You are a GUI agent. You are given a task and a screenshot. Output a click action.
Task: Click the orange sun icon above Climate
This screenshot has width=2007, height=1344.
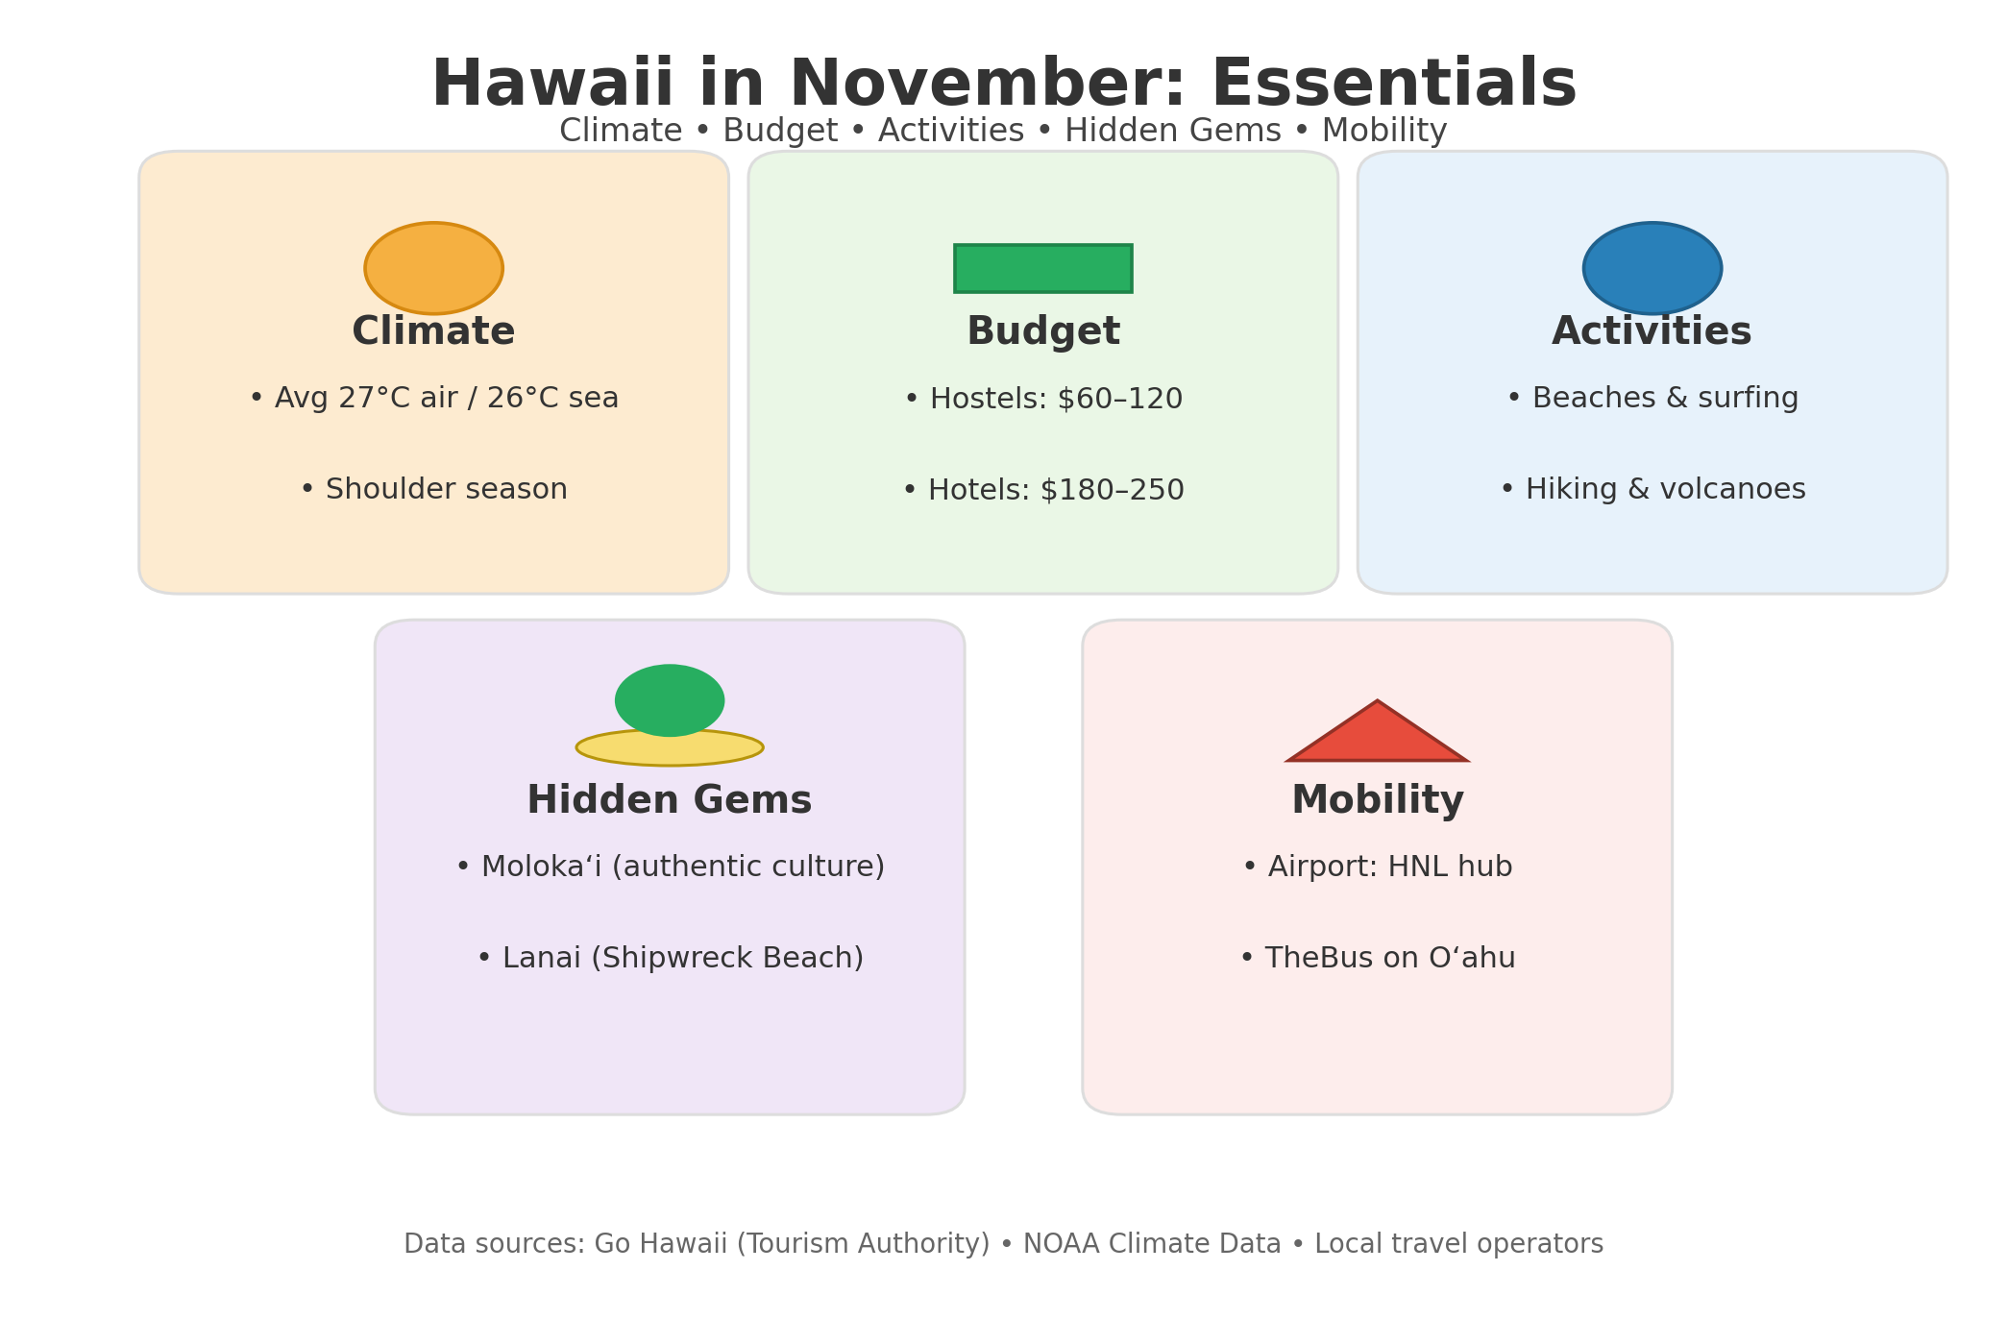433,268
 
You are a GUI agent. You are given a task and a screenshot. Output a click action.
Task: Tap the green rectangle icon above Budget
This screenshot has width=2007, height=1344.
1042,268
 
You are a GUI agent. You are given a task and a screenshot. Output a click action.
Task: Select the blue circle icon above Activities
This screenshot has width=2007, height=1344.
1652,268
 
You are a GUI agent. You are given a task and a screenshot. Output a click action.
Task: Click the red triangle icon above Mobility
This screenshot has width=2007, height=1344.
1377,731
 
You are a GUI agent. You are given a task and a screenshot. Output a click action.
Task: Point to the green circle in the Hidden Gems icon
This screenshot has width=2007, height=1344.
670,699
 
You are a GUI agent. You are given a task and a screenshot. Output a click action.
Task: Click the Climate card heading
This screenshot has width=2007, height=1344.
433,332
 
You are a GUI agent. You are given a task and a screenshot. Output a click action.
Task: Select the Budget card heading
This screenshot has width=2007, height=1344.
1043,332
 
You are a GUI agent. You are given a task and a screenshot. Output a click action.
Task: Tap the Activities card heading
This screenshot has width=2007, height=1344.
1652,332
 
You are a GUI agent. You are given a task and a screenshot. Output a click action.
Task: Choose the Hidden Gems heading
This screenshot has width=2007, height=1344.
670,801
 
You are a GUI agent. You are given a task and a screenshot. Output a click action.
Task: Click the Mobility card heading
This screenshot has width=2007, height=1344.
1378,801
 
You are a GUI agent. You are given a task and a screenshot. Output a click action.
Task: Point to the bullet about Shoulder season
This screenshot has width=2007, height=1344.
433,490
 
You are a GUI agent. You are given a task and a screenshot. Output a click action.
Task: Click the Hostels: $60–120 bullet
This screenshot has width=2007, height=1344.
1043,399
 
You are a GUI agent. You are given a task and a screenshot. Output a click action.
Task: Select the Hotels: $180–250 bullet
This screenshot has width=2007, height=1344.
1043,490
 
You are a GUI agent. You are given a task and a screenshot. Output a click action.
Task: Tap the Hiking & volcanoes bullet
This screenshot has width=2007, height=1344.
1652,490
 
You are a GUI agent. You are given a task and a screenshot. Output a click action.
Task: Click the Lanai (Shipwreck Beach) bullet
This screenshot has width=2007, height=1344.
670,959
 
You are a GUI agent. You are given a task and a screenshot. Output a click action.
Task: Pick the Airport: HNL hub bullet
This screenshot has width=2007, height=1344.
1377,867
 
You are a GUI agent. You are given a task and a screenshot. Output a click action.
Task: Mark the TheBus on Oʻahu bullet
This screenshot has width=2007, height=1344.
1377,959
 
